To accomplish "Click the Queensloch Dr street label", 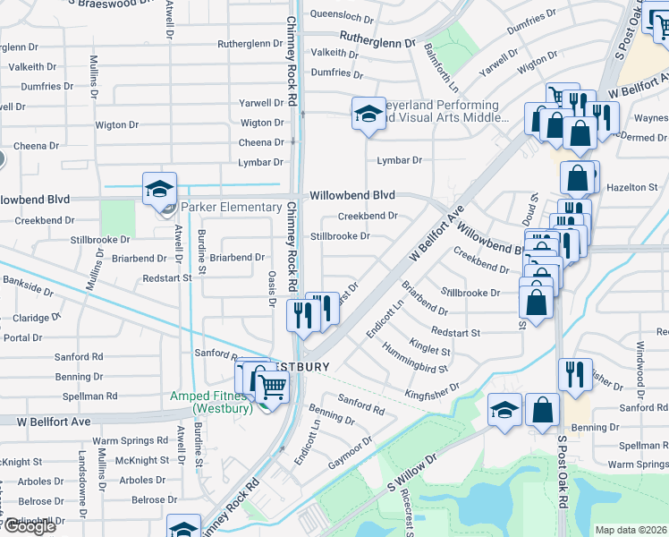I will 340,16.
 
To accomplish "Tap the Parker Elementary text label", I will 231,208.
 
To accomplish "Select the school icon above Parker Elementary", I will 158,189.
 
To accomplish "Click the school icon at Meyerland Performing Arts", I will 368,114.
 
